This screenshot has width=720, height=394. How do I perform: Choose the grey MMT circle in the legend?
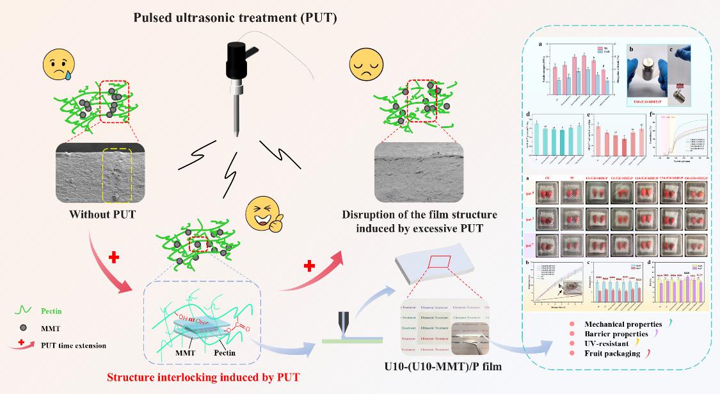(23, 329)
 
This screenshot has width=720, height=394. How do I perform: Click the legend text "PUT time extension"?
(73, 346)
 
